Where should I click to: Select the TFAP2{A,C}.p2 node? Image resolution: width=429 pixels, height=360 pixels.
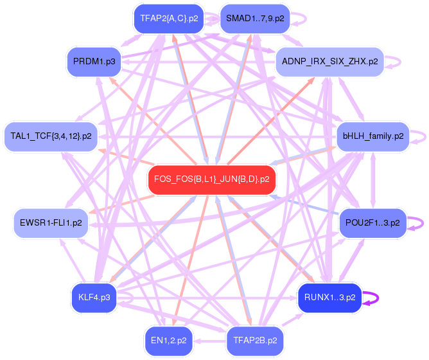(169, 19)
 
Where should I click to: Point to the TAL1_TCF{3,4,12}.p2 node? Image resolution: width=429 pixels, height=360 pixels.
(51, 136)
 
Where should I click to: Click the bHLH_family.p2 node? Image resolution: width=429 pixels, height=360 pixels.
(372, 136)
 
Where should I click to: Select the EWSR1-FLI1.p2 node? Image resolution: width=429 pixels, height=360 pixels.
(51, 222)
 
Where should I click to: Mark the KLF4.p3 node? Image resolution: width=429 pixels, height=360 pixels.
(94, 298)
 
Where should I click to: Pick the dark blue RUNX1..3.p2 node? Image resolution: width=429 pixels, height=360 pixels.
(329, 298)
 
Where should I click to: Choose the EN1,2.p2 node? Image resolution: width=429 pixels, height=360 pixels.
(169, 340)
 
